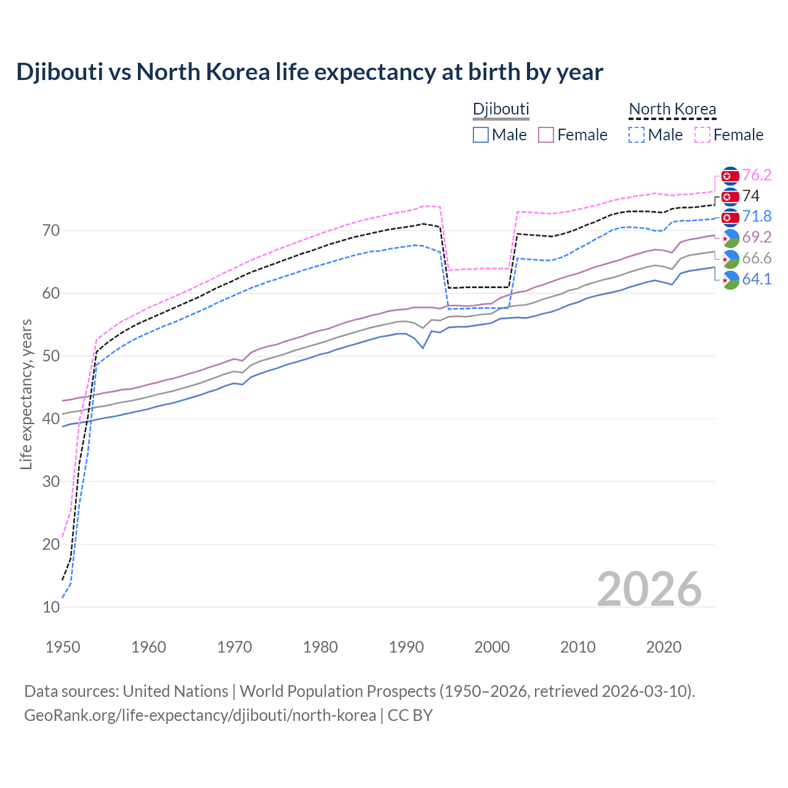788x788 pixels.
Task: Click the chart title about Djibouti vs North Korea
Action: click(310, 72)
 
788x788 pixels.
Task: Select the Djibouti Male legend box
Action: click(481, 135)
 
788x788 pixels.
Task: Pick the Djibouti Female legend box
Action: click(546, 135)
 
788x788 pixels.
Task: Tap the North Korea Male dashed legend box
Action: click(637, 135)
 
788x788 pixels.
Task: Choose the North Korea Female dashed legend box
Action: click(702, 135)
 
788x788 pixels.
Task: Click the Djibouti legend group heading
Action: click(501, 109)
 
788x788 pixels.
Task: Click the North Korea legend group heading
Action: click(672, 109)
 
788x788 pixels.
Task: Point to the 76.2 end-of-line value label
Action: click(757, 175)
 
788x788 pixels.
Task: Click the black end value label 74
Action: click(750, 196)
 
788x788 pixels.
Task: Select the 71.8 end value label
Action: click(757, 216)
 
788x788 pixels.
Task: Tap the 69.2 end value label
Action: click(757, 237)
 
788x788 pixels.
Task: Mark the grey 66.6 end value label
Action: click(757, 258)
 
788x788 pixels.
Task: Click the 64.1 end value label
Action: click(757, 279)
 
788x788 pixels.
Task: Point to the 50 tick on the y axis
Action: click(51, 356)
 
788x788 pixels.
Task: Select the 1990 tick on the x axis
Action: click(406, 647)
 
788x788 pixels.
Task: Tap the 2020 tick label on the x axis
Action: click(664, 647)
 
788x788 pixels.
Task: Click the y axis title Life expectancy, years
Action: click(26, 394)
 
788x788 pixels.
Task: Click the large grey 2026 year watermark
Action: click(649, 589)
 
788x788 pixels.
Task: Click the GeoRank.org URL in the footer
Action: click(200, 715)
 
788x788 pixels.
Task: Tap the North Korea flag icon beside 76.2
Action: click(730, 176)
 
